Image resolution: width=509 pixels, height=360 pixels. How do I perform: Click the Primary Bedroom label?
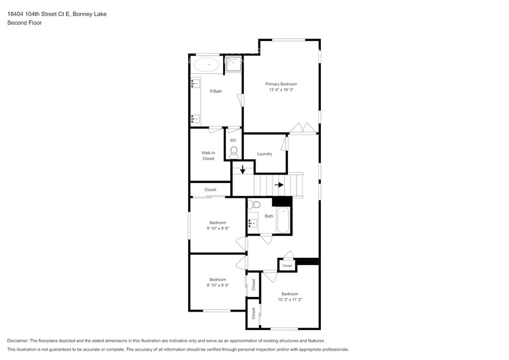click(x=281, y=84)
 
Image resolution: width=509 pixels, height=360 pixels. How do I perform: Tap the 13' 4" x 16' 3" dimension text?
click(x=281, y=90)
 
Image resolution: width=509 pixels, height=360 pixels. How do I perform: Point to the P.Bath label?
click(x=216, y=92)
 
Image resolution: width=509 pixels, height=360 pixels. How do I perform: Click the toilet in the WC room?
click(x=233, y=151)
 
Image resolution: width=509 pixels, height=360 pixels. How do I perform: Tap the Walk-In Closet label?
click(x=208, y=156)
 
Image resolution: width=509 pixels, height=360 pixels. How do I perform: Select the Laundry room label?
click(x=265, y=154)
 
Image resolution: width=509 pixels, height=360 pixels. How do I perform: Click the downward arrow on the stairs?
click(x=243, y=170)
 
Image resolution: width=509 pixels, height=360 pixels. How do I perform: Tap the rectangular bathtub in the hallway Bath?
click(x=283, y=221)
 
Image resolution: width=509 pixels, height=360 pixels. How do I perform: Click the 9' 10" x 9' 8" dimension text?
click(x=217, y=228)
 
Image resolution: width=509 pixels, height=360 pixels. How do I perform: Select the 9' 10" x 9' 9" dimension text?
click(x=217, y=285)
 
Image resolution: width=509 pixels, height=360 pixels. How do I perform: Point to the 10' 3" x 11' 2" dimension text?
click(x=290, y=300)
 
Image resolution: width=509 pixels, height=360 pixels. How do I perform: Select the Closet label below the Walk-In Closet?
click(x=210, y=190)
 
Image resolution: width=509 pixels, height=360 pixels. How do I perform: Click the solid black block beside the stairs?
click(x=281, y=201)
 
